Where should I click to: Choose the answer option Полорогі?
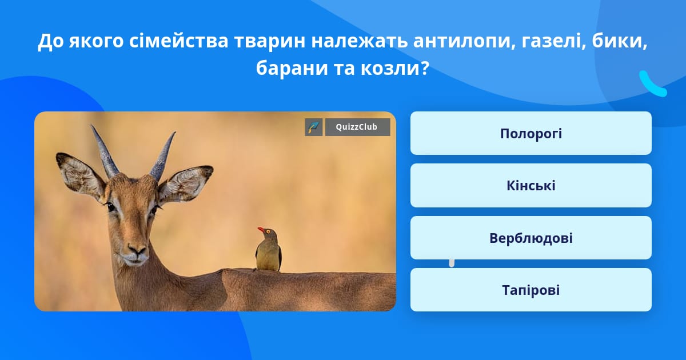tap(531, 133)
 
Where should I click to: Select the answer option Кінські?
tap(531, 186)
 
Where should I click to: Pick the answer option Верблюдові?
tap(531, 238)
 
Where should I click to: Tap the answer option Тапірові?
tap(531, 290)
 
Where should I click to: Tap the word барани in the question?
tap(292, 68)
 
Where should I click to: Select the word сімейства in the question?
tap(178, 41)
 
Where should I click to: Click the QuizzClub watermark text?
tap(357, 127)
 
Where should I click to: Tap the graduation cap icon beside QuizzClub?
tap(314, 127)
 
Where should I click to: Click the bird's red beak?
tap(261, 229)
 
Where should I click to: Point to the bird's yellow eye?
tap(268, 231)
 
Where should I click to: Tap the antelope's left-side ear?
tap(80, 175)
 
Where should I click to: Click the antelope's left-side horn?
tap(105, 151)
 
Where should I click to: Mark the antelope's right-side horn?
tap(162, 156)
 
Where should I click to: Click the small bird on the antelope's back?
tap(269, 250)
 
